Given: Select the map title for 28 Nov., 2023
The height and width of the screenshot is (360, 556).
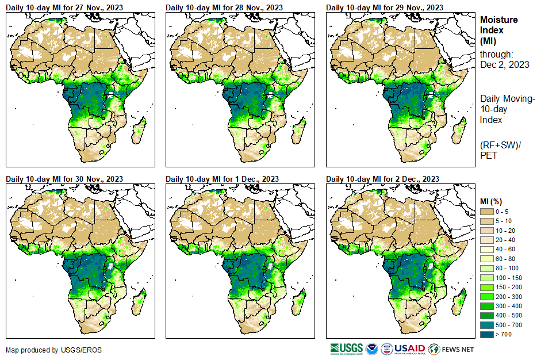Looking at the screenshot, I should [224, 7].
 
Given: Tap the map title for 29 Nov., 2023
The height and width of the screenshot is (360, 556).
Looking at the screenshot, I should [384, 7].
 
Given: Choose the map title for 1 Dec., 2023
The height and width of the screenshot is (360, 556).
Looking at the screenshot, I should [222, 179].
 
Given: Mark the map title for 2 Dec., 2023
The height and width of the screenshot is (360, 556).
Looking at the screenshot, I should [382, 179].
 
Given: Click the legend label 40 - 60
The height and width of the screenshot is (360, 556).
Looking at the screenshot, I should [506, 250].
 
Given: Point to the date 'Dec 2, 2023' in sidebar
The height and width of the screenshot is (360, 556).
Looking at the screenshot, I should [504, 64].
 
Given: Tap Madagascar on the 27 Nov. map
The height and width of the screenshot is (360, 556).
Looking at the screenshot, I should [137, 131].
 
